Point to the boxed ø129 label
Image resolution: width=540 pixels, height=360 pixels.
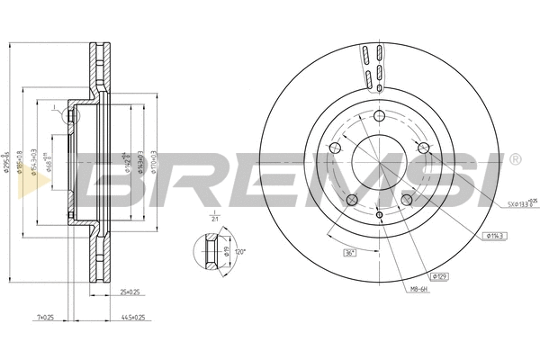click(439, 275)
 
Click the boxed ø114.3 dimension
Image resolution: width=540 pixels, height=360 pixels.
click(497, 235)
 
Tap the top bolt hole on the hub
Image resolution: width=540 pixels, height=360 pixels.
click(379, 115)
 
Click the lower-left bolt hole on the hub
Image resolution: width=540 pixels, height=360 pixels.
click(352, 199)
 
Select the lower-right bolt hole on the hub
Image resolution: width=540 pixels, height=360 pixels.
click(406, 199)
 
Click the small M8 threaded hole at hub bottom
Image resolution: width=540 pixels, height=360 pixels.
click(379, 215)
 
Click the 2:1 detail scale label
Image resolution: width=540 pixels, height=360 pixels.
click(215, 219)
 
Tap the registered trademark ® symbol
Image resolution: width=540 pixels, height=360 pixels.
click(514, 159)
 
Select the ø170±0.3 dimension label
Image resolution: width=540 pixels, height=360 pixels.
click(154, 162)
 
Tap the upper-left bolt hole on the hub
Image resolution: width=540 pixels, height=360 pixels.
click(336, 147)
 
